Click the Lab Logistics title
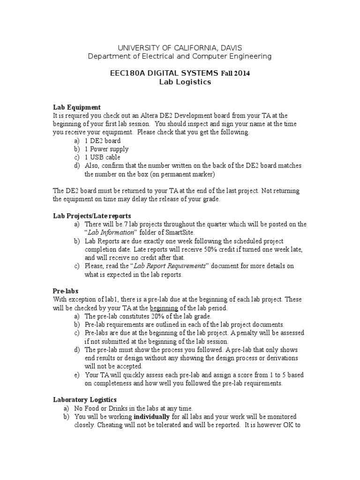(180, 82)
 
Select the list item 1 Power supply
(106, 149)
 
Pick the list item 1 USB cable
(102, 157)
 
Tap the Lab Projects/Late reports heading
(92, 216)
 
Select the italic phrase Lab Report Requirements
(170, 266)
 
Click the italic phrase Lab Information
(112, 232)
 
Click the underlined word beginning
(164, 308)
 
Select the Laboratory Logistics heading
(84, 400)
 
